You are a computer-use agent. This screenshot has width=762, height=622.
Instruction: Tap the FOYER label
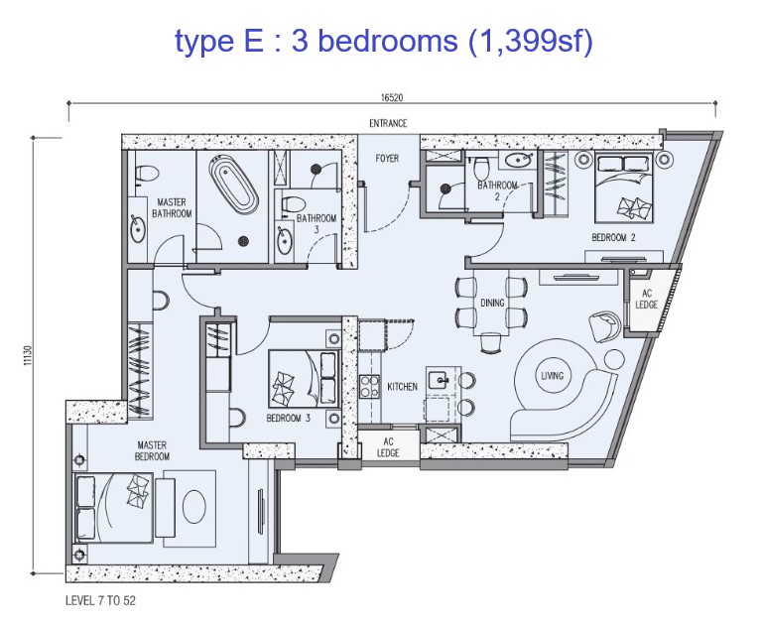(387, 159)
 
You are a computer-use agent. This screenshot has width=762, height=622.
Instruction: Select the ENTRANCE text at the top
(388, 123)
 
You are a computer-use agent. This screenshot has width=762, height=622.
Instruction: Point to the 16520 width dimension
(392, 97)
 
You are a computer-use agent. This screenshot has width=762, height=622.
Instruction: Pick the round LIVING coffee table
(552, 376)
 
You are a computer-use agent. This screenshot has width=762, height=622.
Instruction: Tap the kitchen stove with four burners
(369, 387)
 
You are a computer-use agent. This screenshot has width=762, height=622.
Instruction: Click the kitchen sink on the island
(440, 380)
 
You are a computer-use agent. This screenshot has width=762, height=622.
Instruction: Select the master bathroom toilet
(146, 174)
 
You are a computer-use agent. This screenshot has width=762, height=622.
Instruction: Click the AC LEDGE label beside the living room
(646, 299)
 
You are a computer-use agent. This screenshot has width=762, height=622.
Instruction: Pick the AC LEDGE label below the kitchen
(388, 447)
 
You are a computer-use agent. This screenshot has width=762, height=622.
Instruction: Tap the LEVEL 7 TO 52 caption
(100, 600)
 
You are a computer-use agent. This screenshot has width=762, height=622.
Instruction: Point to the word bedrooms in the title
(388, 41)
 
